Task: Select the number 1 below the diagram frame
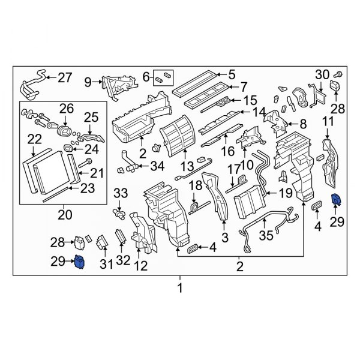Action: click(x=179, y=289)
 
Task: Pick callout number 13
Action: click(x=188, y=165)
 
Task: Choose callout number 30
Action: click(x=323, y=74)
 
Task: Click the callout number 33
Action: click(x=121, y=193)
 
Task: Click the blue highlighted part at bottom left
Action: click(x=80, y=263)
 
